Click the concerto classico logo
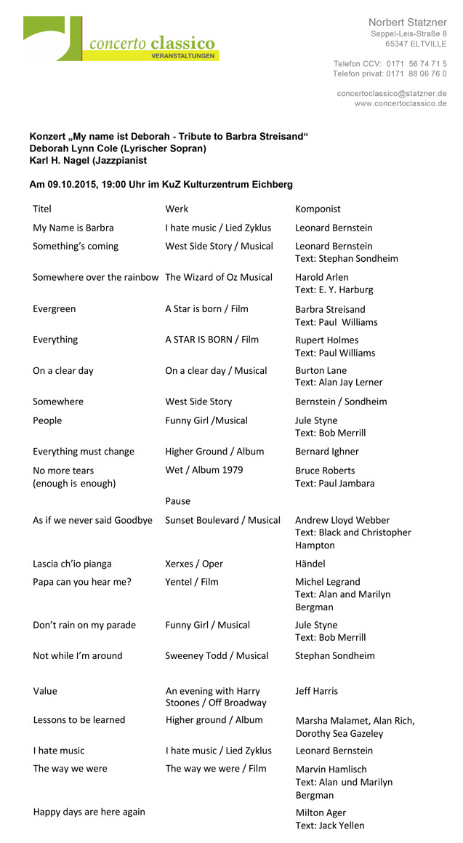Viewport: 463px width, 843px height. (x=121, y=39)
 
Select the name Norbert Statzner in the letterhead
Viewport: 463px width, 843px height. (x=407, y=23)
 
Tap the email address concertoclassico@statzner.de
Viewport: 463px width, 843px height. (x=391, y=94)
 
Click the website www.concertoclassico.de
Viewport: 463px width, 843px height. (x=400, y=104)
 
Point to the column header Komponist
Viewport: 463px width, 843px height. (x=318, y=209)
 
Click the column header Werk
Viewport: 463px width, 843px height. (x=177, y=209)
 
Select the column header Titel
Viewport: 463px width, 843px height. (x=42, y=209)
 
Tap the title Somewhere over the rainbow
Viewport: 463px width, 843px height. (x=95, y=278)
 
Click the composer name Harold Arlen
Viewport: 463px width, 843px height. (x=321, y=278)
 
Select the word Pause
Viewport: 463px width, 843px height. (x=177, y=501)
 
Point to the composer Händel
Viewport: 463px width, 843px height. (x=310, y=564)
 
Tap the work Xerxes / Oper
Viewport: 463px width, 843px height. (x=194, y=564)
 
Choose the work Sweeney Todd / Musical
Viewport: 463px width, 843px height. (x=217, y=656)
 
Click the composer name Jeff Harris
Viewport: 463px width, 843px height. (x=316, y=691)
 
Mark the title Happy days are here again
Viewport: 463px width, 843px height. (x=89, y=812)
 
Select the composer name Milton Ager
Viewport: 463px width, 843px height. (x=321, y=813)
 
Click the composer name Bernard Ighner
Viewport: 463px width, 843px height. (x=326, y=452)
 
